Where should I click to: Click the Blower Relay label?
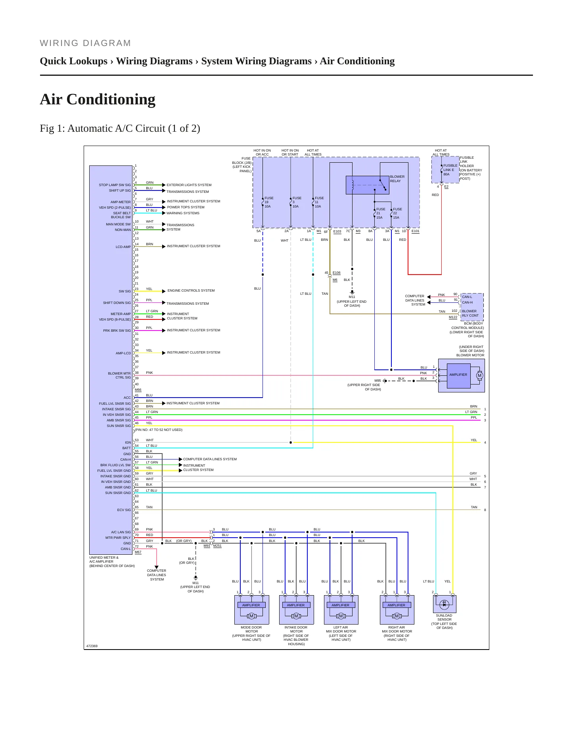coord(397,179)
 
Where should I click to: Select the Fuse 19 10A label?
coord(269,202)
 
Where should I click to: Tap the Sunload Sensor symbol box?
coord(444,604)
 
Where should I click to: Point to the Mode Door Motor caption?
coord(251,633)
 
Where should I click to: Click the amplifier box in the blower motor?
coord(458,375)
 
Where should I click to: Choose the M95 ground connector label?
coord(378,381)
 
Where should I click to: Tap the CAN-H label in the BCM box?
coord(467,302)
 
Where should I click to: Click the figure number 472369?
coord(92,646)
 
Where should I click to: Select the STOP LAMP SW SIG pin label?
coord(115,185)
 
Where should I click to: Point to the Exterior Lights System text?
coord(189,185)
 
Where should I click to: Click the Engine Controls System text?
coord(191,290)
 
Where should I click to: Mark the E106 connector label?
coord(337,273)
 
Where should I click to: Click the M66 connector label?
coord(138,390)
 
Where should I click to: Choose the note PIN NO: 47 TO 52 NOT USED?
coord(159,430)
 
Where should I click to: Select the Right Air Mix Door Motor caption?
coord(397,633)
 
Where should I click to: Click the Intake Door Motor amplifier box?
coord(296,605)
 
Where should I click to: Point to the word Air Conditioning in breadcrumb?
coord(357,61)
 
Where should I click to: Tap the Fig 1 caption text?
coord(120,128)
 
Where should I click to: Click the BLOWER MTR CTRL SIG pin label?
coord(119,375)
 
